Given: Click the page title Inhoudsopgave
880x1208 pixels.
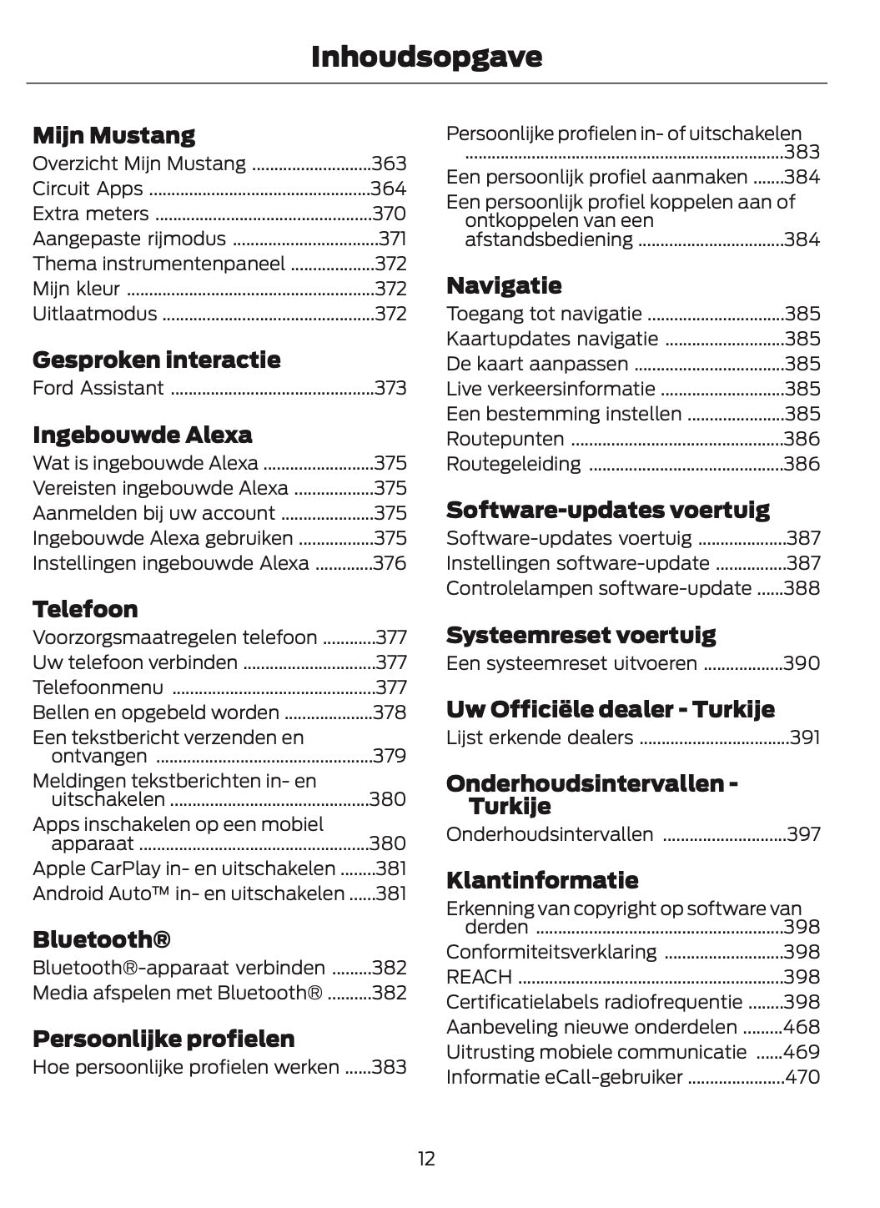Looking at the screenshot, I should (x=426, y=57).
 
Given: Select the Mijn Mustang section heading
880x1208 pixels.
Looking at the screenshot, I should (x=113, y=135).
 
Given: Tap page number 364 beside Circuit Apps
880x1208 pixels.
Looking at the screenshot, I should (x=389, y=189).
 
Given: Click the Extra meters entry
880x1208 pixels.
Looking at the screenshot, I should (x=91, y=214).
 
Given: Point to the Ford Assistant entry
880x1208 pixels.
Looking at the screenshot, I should (x=98, y=388).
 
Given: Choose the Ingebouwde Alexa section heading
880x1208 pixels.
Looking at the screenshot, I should (x=142, y=435).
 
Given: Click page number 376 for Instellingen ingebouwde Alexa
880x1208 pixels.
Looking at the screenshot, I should (x=390, y=563).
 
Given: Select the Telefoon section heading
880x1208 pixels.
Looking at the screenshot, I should (x=85, y=609).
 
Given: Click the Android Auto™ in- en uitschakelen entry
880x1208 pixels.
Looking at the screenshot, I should (x=189, y=893).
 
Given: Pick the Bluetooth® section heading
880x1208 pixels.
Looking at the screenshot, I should (x=102, y=939).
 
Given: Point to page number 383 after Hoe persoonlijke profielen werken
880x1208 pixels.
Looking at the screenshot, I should (x=390, y=1067).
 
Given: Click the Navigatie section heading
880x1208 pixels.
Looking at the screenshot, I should (x=504, y=285).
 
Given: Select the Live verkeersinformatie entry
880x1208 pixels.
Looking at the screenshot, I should (x=551, y=389).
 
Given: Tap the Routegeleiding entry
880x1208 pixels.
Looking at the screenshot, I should (x=514, y=464).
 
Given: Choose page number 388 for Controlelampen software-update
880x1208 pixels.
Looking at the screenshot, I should (x=802, y=588).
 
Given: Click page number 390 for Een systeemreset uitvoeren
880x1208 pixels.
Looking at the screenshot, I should (x=802, y=663).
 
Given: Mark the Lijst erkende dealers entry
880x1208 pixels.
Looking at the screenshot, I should (x=540, y=737).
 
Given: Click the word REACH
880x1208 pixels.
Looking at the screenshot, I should (x=479, y=977).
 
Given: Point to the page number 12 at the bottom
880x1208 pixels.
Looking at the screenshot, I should (x=426, y=1159).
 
